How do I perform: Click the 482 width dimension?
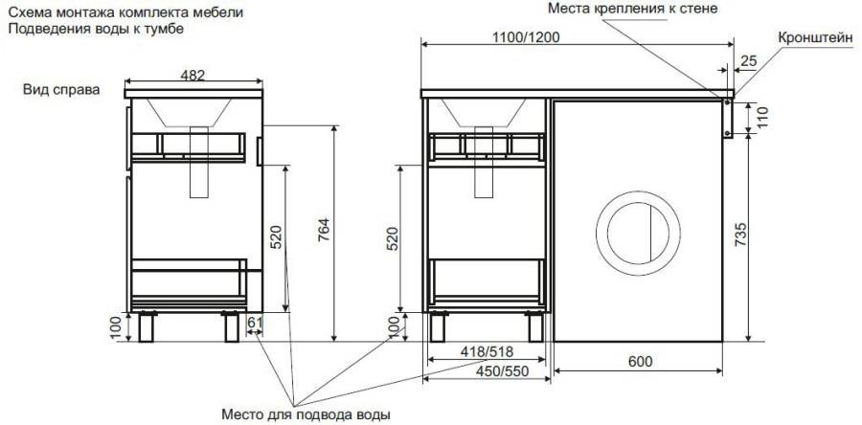click(x=193, y=76)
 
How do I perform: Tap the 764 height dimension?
click(x=324, y=231)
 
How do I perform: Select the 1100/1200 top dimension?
click(x=526, y=37)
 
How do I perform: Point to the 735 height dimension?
click(x=741, y=234)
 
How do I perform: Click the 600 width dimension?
click(x=640, y=361)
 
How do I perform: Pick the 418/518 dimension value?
click(x=488, y=351)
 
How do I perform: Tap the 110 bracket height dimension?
click(x=763, y=118)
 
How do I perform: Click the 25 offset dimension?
click(x=749, y=61)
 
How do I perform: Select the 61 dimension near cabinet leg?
click(x=255, y=322)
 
